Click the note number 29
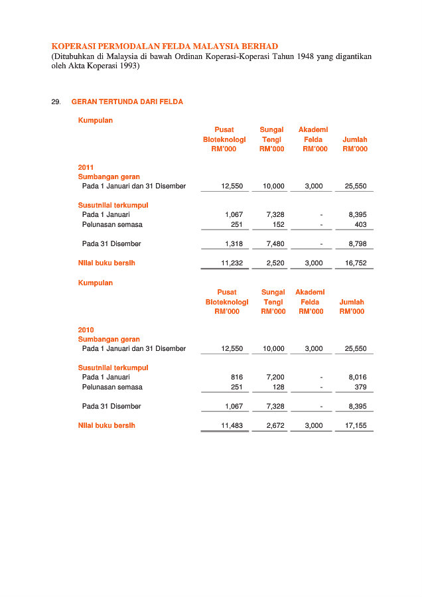tap(56, 102)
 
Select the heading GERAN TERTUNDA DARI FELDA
tap(127, 102)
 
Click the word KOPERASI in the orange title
tap(75, 46)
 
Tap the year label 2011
tap(86, 168)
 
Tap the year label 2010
tap(86, 330)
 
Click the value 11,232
tap(232, 263)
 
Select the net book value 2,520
tap(275, 263)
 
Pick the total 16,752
tap(356, 263)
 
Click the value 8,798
tap(358, 244)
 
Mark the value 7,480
tap(275, 244)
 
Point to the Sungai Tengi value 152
tap(279, 225)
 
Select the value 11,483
tap(232, 426)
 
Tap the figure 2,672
tap(275, 426)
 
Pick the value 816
tap(237, 377)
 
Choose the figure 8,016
tap(358, 377)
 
